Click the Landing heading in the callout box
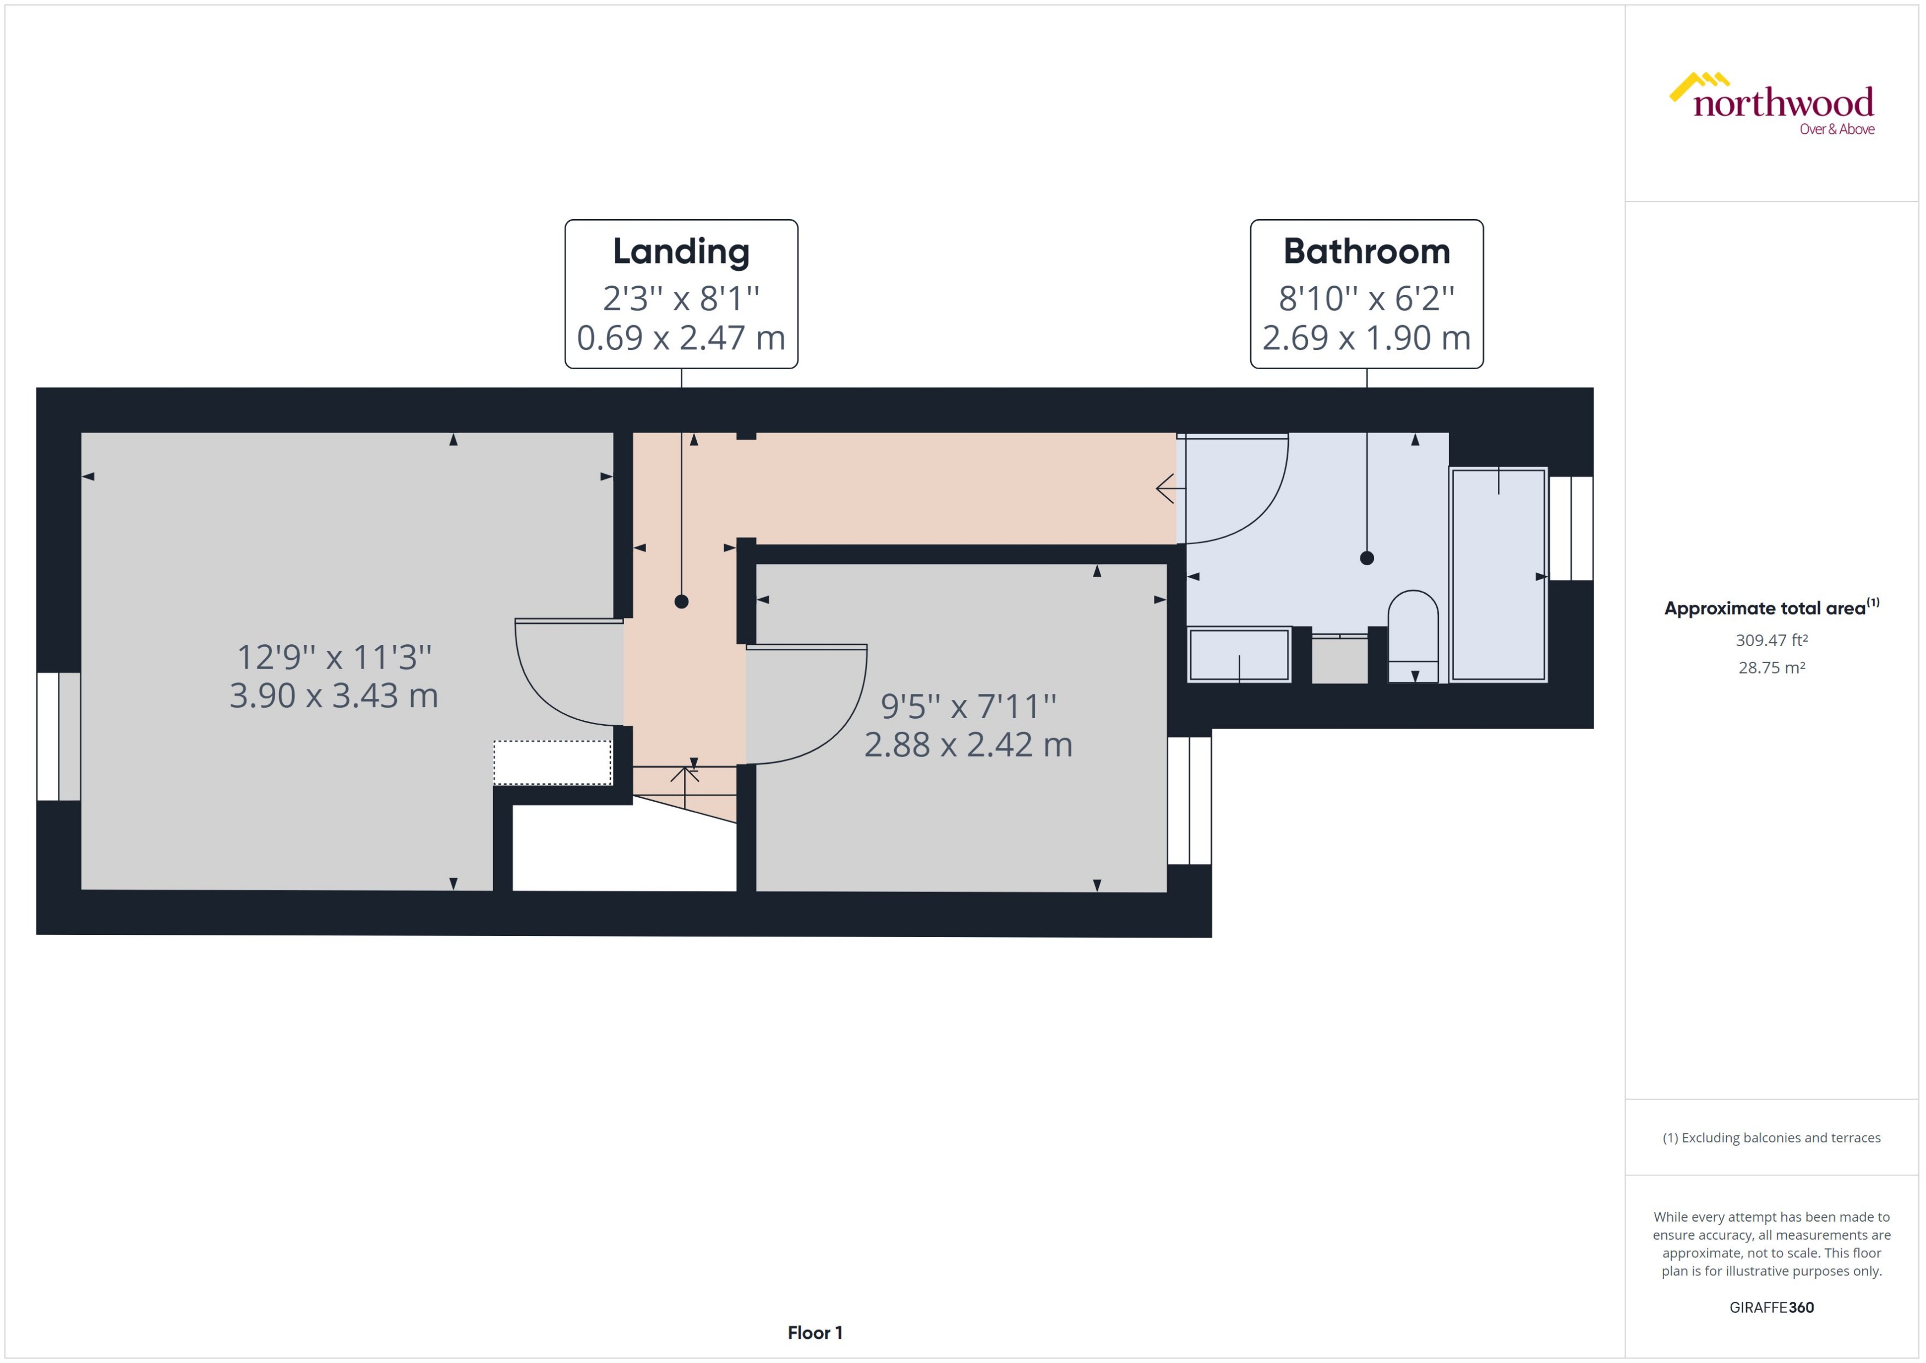click(681, 251)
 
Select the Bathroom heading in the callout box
click(1366, 251)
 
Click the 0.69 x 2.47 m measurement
click(681, 337)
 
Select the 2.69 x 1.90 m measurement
click(1366, 337)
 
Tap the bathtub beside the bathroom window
click(1498, 575)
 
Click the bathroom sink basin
click(1239, 655)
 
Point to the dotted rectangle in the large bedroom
click(551, 762)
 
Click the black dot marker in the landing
click(681, 601)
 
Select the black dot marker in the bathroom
click(1366, 558)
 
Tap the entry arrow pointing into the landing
click(1168, 488)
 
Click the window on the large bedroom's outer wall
click(59, 736)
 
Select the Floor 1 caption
click(814, 1333)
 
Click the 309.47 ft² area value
click(1771, 641)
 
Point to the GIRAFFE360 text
click(1771, 1307)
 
